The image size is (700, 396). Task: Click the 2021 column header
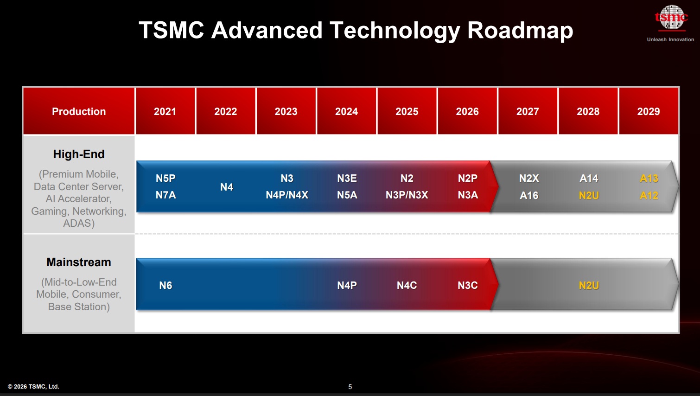pyautogui.click(x=165, y=111)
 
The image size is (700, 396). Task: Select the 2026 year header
pyautogui.click(x=467, y=111)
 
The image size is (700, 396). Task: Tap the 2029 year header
pyautogui.click(x=648, y=111)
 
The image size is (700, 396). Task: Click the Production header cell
pyautogui.click(x=79, y=111)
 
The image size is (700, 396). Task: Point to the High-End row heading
pyautogui.click(x=79, y=154)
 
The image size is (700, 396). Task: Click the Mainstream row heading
pyautogui.click(x=79, y=262)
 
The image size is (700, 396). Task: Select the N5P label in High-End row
pyautogui.click(x=165, y=178)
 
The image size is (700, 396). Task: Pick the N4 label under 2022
pyautogui.click(x=226, y=187)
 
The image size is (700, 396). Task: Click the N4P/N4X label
pyautogui.click(x=287, y=195)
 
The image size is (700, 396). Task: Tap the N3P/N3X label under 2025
pyautogui.click(x=407, y=195)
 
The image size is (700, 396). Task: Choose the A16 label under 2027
pyautogui.click(x=529, y=195)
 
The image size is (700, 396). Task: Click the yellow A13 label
pyautogui.click(x=649, y=178)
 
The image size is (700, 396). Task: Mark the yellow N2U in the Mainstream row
pyautogui.click(x=589, y=285)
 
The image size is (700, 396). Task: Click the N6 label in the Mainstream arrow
pyautogui.click(x=165, y=285)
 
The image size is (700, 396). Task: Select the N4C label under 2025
pyautogui.click(x=407, y=285)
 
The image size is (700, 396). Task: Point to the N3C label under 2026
pyautogui.click(x=467, y=285)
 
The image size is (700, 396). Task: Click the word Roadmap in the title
pyautogui.click(x=520, y=30)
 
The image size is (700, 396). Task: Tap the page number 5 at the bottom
pyautogui.click(x=350, y=387)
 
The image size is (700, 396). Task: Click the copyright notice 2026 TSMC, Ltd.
pyautogui.click(x=33, y=386)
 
